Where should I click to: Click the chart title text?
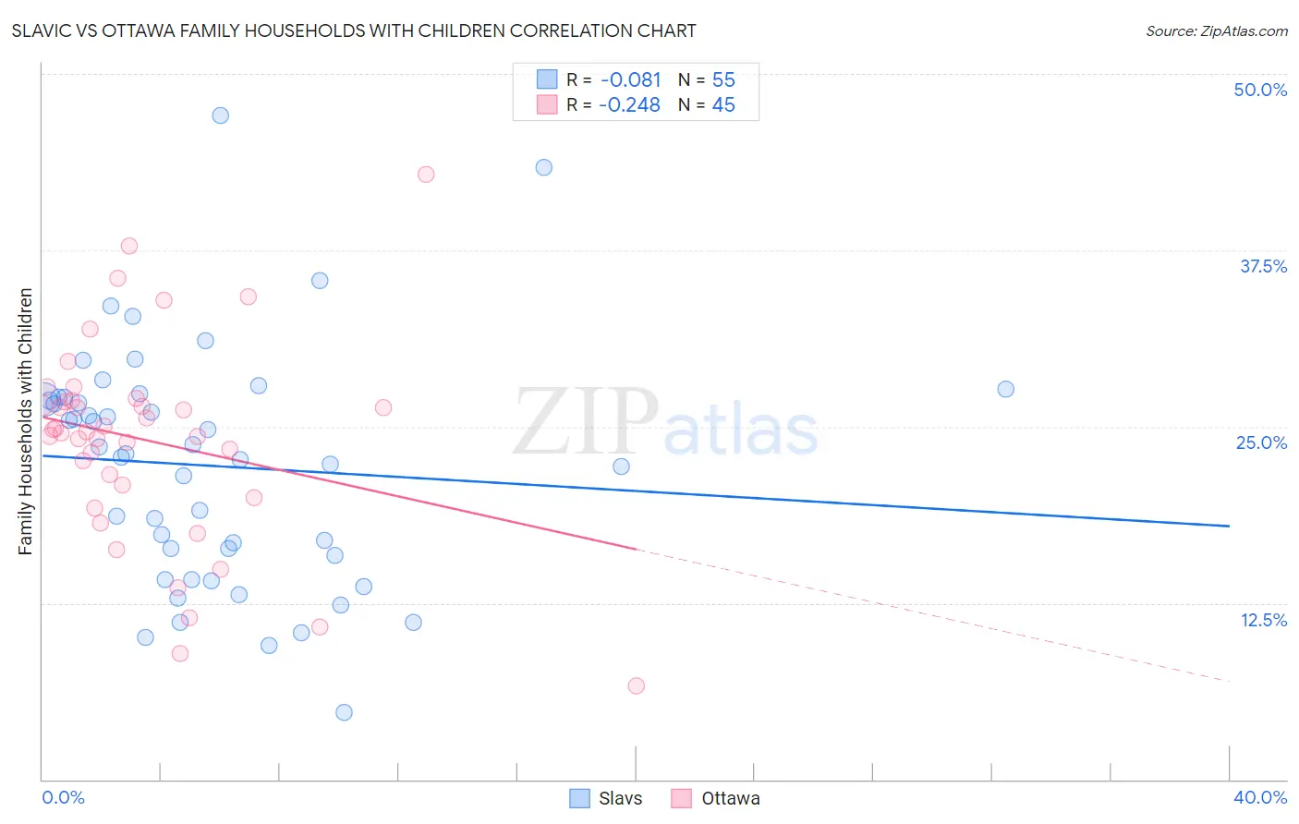[354, 30]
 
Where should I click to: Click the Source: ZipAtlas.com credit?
[1216, 30]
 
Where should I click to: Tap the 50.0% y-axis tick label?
[1260, 90]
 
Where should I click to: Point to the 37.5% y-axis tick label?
[1263, 266]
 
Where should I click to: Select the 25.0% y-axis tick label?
[1261, 442]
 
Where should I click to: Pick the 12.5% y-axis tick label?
[1263, 620]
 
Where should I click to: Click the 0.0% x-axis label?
[63, 797]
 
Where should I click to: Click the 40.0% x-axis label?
[1260, 797]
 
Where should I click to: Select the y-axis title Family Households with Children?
[26, 421]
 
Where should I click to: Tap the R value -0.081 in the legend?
[630, 80]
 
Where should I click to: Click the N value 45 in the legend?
[723, 105]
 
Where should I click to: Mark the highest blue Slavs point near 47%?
[220, 115]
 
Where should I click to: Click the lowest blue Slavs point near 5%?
[344, 712]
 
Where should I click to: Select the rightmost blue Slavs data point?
[1005, 389]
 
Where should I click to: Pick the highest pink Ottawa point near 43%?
[426, 175]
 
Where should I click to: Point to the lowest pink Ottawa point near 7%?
[636, 685]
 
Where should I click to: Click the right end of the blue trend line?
[1228, 526]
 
